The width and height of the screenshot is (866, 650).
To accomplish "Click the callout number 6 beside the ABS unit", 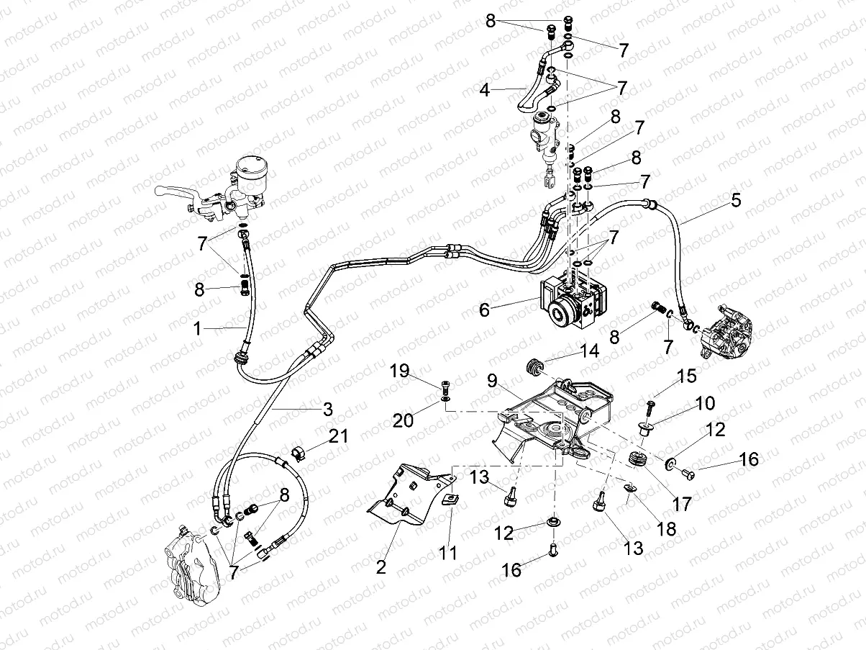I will click(x=484, y=310).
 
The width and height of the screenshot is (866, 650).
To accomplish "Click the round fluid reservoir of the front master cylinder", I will click(x=251, y=167).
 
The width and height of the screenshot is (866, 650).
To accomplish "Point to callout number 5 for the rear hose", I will click(x=735, y=201).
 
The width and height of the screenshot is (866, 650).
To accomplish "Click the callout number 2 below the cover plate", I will click(x=380, y=567).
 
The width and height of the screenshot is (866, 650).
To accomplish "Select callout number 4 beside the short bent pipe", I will click(x=486, y=91).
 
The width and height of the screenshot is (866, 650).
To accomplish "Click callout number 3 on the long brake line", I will click(x=327, y=410).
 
